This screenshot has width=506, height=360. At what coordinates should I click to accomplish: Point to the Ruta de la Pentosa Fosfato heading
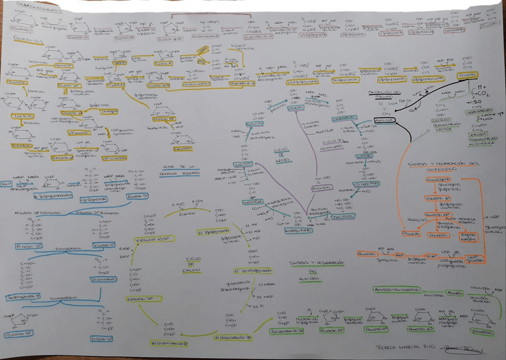[180, 170]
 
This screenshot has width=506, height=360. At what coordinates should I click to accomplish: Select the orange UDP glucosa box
[474, 258]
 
